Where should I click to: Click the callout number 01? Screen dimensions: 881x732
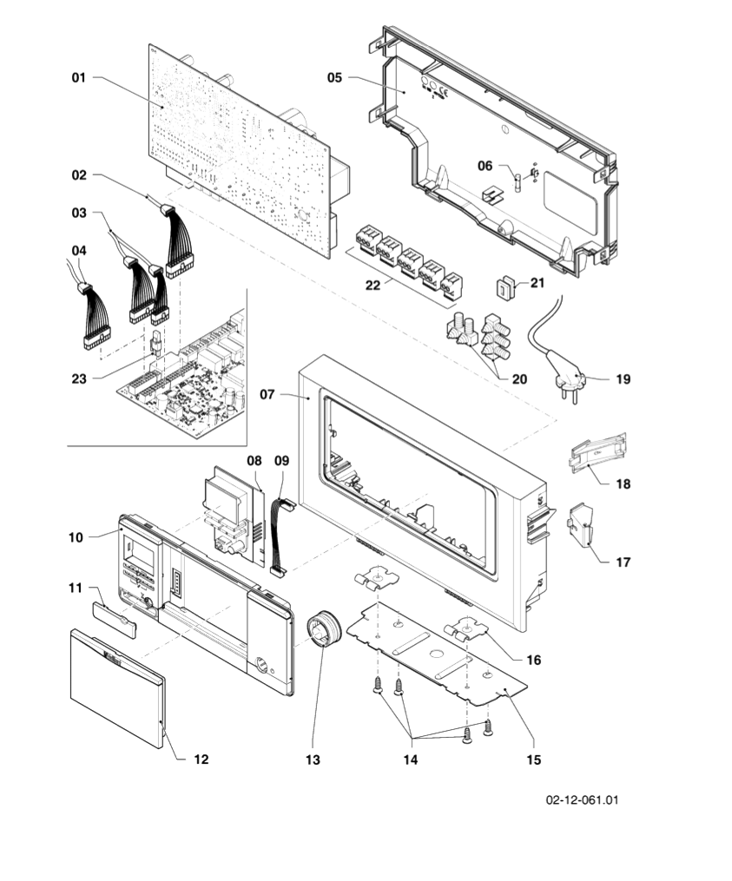point(79,78)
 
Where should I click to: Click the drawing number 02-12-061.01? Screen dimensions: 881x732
point(582,799)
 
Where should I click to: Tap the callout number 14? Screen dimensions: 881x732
point(411,759)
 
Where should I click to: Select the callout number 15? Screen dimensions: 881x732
point(533,759)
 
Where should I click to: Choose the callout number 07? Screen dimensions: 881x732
point(268,394)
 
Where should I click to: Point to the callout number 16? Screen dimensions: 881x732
point(533,660)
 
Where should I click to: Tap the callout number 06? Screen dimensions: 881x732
point(485,165)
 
